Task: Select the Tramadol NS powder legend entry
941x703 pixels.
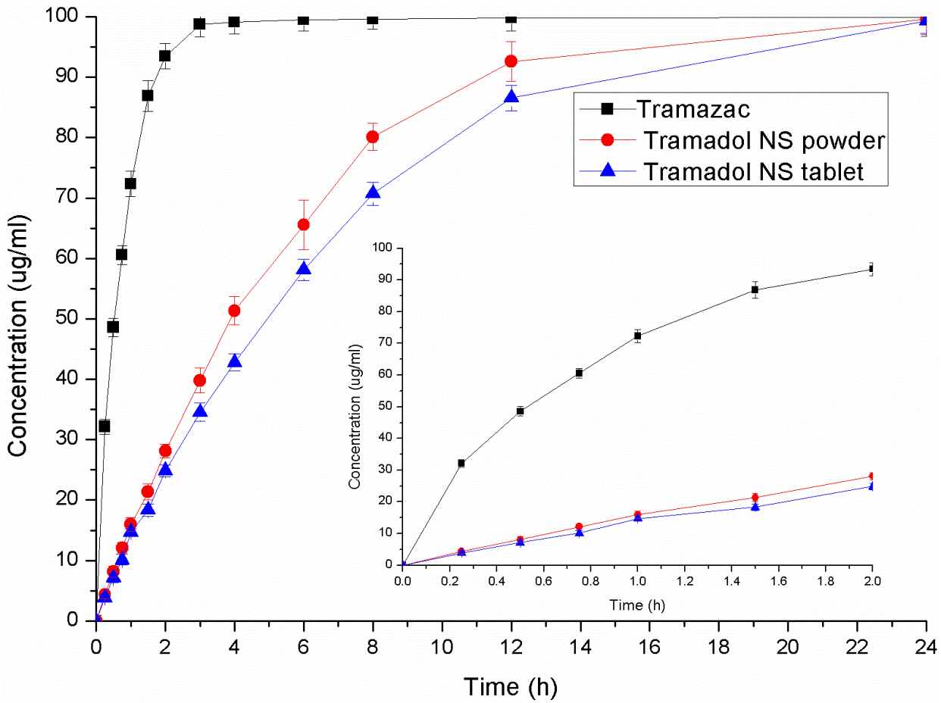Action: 765,140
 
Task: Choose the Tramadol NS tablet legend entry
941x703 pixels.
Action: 754,172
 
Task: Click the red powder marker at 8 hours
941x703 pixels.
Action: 373,137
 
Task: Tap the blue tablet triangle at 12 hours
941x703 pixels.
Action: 511,97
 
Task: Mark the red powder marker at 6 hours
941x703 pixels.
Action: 303,224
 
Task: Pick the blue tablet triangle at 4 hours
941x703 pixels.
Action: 234,361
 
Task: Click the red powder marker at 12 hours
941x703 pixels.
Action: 511,61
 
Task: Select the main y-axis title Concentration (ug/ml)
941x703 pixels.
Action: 18,319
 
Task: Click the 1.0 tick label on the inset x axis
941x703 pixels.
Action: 637,580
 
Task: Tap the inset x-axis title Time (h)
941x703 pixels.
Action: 638,605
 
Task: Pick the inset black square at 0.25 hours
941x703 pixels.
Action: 461,463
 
